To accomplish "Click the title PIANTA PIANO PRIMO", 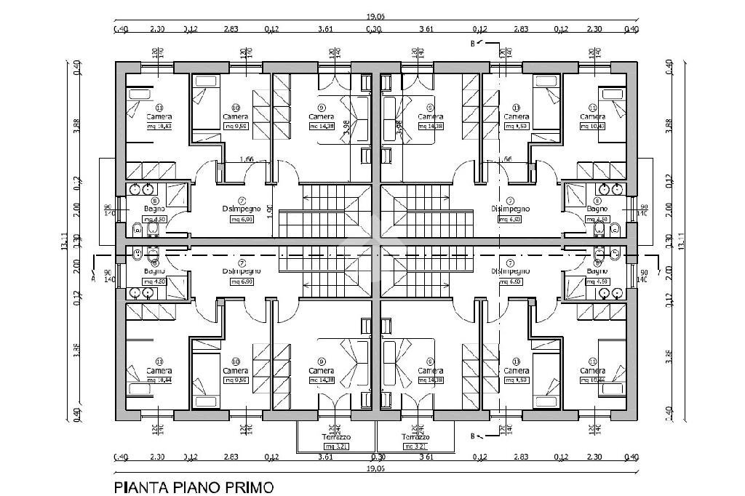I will click(x=194, y=487).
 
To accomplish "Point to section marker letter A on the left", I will click(x=93, y=276).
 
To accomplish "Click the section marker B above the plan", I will click(x=474, y=44).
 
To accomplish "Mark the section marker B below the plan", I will click(x=474, y=436).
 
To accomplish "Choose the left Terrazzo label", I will click(x=336, y=437).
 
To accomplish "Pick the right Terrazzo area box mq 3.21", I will click(x=415, y=446).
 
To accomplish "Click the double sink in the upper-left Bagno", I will click(x=140, y=190).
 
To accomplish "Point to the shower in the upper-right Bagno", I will click(x=575, y=194).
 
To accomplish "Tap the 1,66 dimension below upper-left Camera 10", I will click(x=247, y=159).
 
